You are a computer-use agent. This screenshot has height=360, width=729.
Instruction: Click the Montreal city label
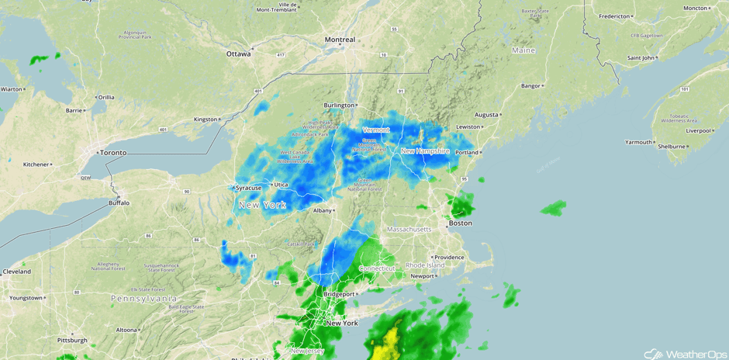(x=340, y=40)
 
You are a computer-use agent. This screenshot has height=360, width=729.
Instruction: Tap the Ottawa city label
(x=238, y=54)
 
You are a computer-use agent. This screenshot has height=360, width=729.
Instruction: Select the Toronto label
(x=113, y=153)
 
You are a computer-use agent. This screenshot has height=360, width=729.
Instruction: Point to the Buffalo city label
(x=119, y=203)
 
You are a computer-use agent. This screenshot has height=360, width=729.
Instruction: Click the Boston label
(x=460, y=223)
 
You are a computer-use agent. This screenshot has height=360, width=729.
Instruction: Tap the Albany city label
(x=322, y=210)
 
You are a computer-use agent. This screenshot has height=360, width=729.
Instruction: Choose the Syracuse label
(x=249, y=188)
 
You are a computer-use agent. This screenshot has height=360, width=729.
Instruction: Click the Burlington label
(x=338, y=105)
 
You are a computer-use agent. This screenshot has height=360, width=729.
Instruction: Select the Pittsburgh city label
(x=72, y=340)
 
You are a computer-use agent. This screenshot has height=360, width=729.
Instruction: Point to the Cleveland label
(x=16, y=272)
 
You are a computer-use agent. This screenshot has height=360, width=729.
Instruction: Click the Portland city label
(x=467, y=153)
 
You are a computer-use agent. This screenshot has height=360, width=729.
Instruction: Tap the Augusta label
(x=487, y=115)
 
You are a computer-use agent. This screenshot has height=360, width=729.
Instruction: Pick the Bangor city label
(x=530, y=85)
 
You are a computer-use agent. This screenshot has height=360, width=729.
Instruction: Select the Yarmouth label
(x=639, y=142)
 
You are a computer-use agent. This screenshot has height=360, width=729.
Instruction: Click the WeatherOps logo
(x=675, y=353)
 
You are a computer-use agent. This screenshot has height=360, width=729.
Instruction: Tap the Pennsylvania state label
(x=143, y=299)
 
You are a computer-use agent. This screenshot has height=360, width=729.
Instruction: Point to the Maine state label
(x=523, y=50)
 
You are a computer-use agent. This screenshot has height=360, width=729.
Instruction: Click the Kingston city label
(x=206, y=119)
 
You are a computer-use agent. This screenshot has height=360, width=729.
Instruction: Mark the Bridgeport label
(x=338, y=294)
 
